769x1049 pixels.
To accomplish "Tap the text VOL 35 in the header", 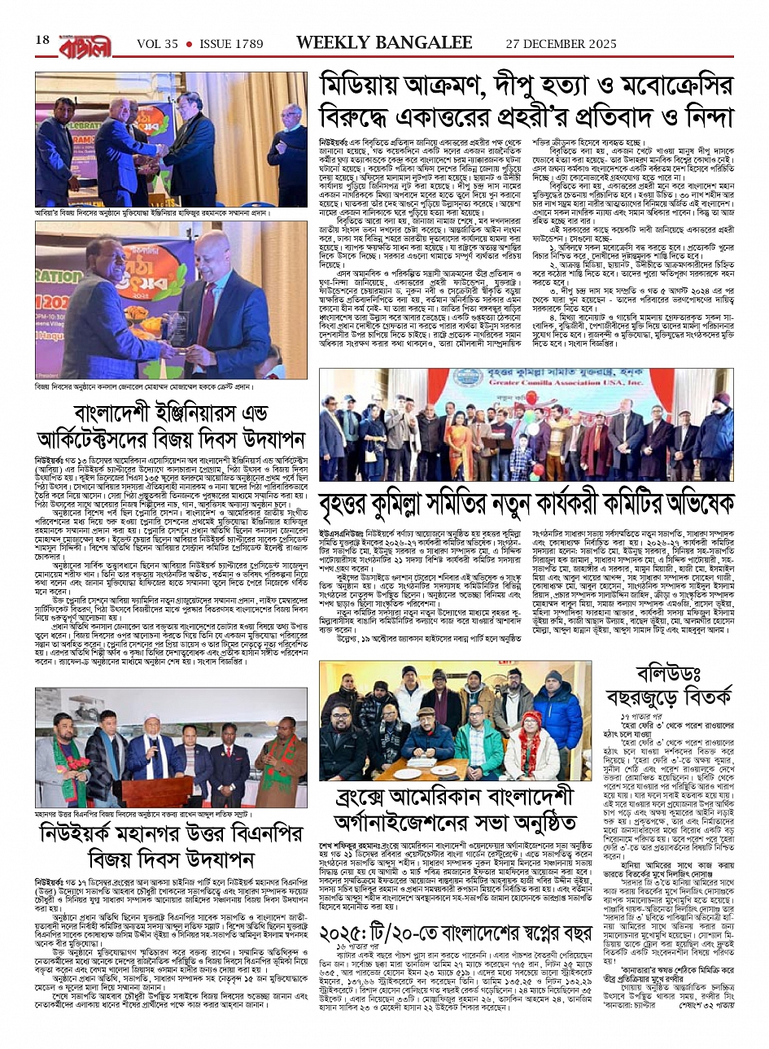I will pyautogui.click(x=157, y=43).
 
